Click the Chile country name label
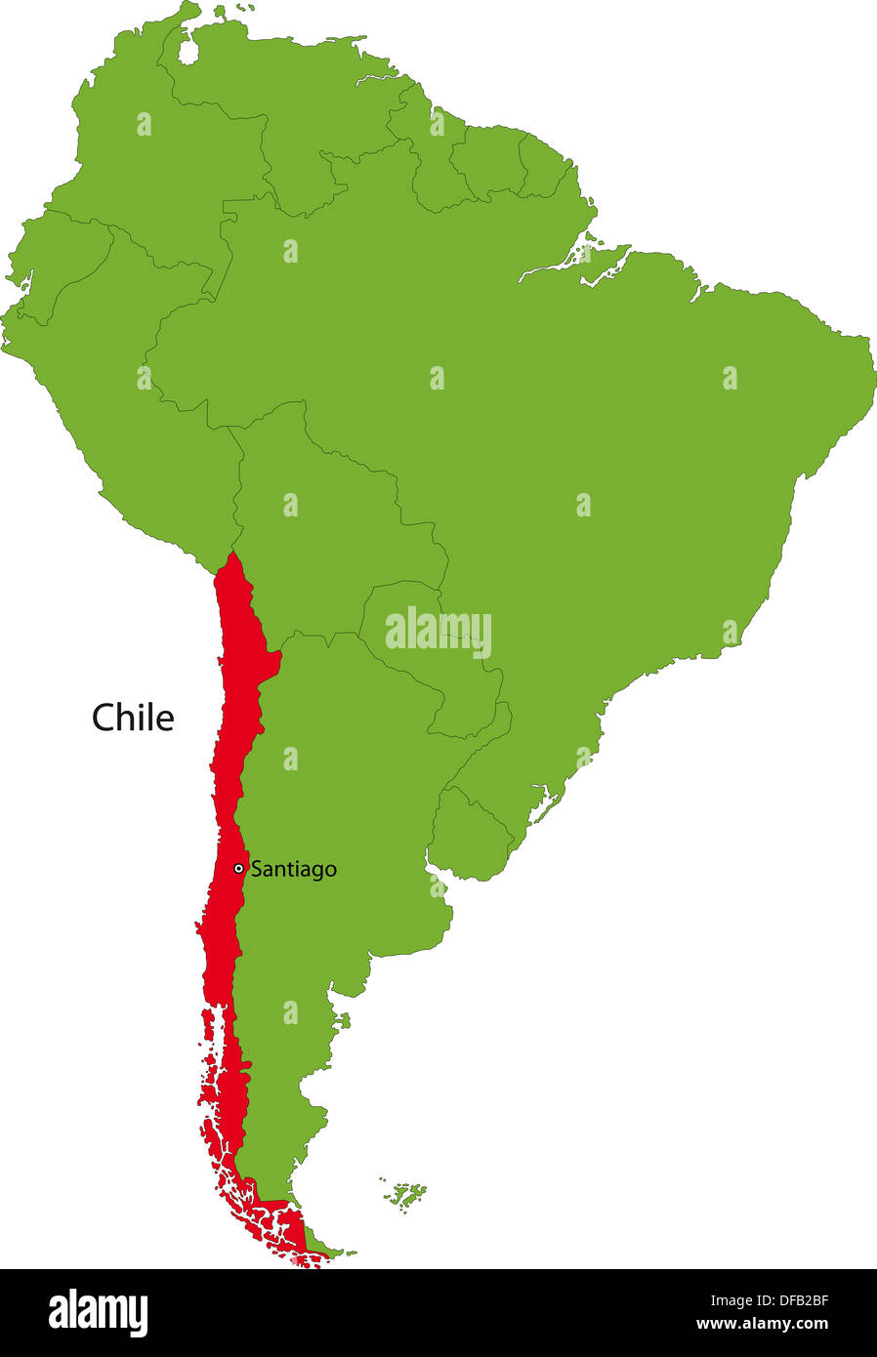click(x=133, y=718)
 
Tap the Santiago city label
click(x=293, y=869)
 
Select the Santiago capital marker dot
click(x=238, y=868)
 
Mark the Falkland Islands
click(x=405, y=1194)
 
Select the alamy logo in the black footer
click(x=98, y=1312)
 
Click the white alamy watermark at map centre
click(x=438, y=632)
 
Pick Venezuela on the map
click(x=293, y=107)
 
